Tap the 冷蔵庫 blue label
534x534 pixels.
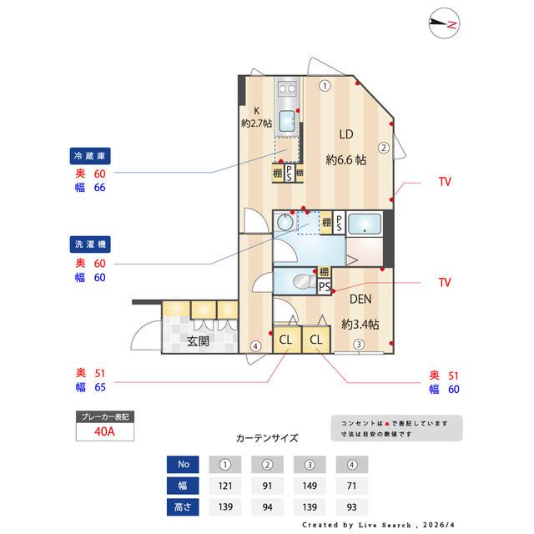[x=91, y=156]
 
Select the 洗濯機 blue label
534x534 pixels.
[x=91, y=244]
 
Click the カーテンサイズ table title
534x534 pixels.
[x=266, y=437]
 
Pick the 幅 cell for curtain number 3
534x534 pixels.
[x=310, y=485]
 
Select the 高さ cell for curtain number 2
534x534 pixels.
[x=268, y=506]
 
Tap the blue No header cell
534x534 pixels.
[x=184, y=464]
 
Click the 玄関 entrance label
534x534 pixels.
[x=198, y=341]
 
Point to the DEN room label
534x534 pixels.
[x=360, y=300]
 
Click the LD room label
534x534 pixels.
[x=346, y=134]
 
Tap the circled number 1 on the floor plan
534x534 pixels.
[x=325, y=85]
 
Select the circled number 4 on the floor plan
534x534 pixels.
[x=255, y=346]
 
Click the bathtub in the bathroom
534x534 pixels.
[x=364, y=225]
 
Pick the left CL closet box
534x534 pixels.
[x=285, y=340]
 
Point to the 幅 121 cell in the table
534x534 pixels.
[x=225, y=485]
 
